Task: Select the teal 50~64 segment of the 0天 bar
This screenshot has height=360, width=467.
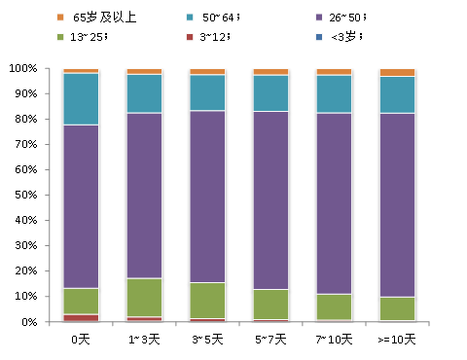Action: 81,98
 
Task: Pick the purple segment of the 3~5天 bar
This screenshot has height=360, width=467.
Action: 207,196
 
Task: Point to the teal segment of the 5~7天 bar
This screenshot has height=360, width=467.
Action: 270,92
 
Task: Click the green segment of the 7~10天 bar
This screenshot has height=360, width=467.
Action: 334,306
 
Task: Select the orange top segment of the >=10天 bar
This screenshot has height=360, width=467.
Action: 397,72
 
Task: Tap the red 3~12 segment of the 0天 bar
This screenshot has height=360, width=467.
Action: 81,317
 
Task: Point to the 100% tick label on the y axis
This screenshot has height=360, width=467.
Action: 21,69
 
